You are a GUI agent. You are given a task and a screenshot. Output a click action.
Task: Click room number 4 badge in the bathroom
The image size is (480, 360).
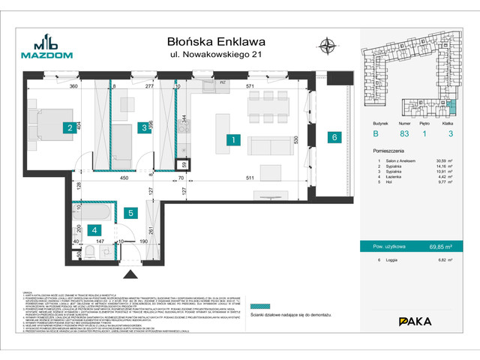pyautogui.click(x=93, y=230)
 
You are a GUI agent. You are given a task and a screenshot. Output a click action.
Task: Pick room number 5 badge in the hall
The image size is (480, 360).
pyautogui.click(x=130, y=213)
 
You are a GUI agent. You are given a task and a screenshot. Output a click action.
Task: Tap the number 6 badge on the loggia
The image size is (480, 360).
pyautogui.click(x=334, y=136)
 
